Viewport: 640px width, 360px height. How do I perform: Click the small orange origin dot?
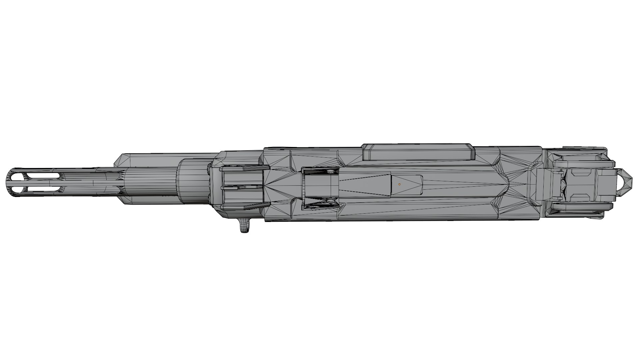coord(399,184)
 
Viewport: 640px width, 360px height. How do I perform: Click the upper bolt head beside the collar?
coord(209,168)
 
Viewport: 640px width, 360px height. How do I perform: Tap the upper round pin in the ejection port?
coord(330,171)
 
